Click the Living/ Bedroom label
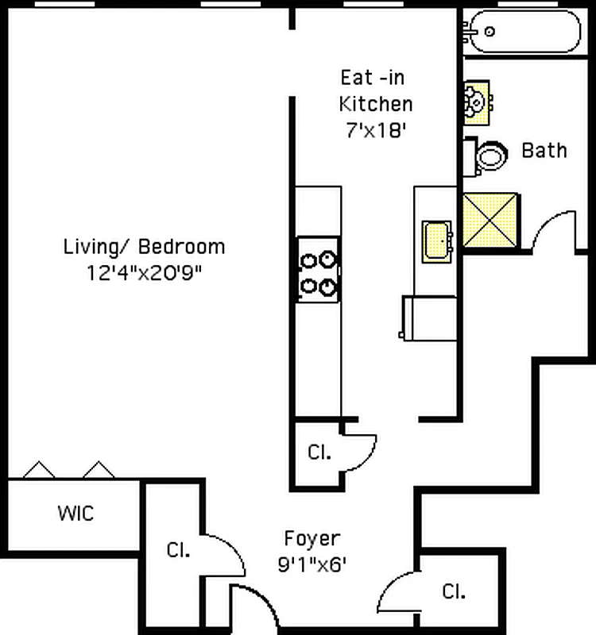[144, 247]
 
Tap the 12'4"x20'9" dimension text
[145, 272]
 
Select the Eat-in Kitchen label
[375, 90]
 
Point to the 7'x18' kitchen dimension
[376, 130]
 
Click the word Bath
[544, 150]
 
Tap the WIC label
[75, 513]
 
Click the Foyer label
[312, 539]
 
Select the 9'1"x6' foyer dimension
[312, 564]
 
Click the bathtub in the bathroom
[523, 32]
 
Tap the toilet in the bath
[486, 156]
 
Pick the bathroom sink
[478, 103]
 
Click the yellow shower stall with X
[490, 220]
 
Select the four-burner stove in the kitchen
[318, 270]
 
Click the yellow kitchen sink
[437, 242]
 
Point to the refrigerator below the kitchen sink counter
[430, 318]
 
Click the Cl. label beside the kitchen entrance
[319, 452]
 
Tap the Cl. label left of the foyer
[178, 550]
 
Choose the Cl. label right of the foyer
[454, 591]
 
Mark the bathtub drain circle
[490, 31]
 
